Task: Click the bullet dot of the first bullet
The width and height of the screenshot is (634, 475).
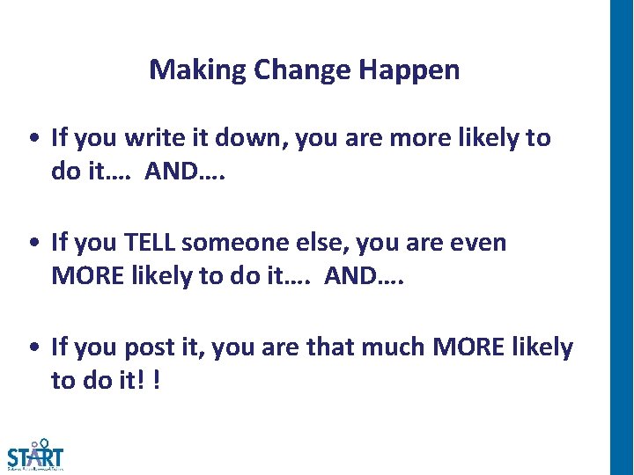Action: click(x=33, y=139)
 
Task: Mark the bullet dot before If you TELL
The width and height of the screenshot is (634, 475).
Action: click(x=33, y=244)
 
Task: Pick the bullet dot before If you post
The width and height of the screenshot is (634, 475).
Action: click(x=33, y=349)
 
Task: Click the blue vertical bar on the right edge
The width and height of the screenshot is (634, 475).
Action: click(x=622, y=237)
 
